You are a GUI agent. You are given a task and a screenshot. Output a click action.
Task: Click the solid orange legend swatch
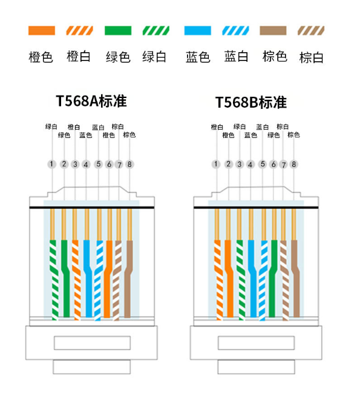coord(42,30)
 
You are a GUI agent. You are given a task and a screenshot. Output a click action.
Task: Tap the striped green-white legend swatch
coord(156,30)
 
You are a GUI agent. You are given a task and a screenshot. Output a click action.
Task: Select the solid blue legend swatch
coord(197,30)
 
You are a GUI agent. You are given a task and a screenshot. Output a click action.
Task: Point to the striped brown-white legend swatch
coord(311,30)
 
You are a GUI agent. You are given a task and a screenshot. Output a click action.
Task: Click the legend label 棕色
coord(275,56)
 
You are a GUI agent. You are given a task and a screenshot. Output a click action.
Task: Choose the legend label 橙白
coord(79,56)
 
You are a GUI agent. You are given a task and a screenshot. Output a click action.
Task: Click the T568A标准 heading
coord(91,101)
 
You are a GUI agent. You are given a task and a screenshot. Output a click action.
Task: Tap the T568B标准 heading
coord(251,102)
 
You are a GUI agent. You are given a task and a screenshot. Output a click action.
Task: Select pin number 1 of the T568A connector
coord(51,164)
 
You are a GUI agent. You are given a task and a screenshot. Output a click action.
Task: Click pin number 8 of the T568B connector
coord(294,164)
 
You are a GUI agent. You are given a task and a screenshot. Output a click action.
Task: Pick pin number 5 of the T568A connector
coord(99,164)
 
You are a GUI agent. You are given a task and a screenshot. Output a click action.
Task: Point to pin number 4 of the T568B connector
coord(250,165)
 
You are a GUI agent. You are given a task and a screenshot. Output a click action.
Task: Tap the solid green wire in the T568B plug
coord(273,278)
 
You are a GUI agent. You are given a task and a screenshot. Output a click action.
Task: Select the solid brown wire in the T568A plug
coord(129,278)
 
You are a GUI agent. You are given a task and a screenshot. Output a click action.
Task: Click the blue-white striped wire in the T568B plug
coord(263,280)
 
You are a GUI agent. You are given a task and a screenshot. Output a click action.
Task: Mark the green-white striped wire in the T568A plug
coord(54,280)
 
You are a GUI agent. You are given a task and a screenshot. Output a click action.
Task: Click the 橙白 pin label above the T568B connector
coord(217,127)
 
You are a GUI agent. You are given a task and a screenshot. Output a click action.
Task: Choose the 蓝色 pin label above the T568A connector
coord(85,135)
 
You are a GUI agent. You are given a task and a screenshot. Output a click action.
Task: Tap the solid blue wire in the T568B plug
coord(252,278)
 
